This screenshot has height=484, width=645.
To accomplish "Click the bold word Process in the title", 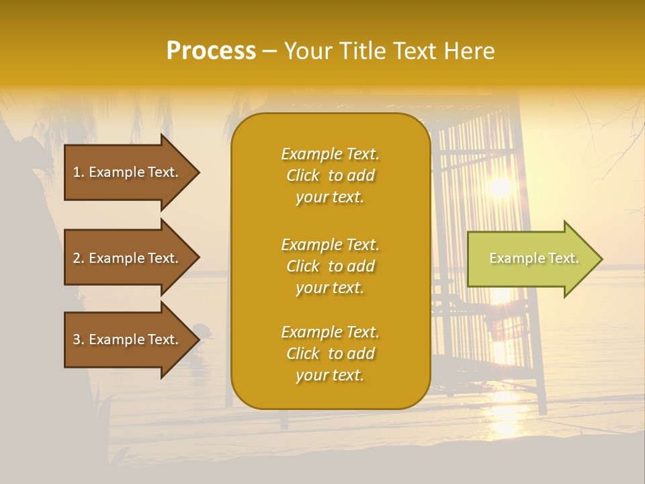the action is [211, 51].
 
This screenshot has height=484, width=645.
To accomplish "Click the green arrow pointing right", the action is [531, 259].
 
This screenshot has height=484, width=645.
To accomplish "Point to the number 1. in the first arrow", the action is [79, 172].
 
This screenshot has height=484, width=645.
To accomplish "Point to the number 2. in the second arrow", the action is [79, 258].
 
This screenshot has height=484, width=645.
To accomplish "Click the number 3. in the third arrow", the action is [79, 339].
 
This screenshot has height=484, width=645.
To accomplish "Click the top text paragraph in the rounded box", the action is [330, 175].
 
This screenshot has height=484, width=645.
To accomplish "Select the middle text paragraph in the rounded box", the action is [330, 266].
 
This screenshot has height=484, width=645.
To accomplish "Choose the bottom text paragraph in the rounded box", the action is [330, 354].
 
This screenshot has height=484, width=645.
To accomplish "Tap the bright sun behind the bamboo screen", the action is [501, 187].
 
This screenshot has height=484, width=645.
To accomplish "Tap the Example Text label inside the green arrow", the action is [533, 258].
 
